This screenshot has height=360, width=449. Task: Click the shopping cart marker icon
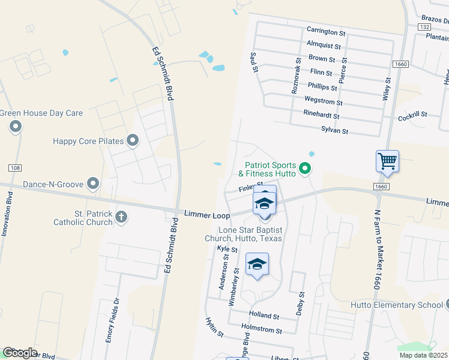pos(387,161)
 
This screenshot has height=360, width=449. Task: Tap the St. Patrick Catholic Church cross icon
pos(121,216)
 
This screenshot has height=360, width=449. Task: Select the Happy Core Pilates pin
pos(133,141)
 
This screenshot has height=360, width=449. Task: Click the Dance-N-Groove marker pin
pos(93,182)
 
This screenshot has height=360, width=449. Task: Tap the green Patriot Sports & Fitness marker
pos(305,169)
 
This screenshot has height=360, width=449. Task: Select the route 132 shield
pos(425,27)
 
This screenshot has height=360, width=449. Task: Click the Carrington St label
pos(326,30)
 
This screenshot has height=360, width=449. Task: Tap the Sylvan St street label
pos(334,130)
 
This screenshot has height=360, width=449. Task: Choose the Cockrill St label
pos(412,116)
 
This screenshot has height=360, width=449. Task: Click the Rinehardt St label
pos(322,116)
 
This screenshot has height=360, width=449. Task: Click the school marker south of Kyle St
pos(257,265)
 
